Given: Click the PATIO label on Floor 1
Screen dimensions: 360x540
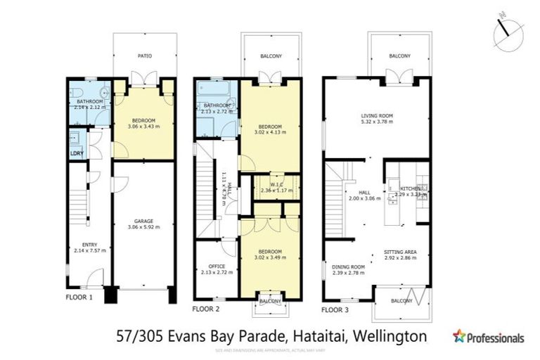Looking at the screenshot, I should pyautogui.click(x=144, y=56).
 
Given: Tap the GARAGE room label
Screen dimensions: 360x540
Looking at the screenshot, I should pyautogui.click(x=143, y=221).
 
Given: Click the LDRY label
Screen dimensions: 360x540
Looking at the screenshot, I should pyautogui.click(x=77, y=153).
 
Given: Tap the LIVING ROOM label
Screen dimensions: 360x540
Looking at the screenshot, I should pyautogui.click(x=376, y=116).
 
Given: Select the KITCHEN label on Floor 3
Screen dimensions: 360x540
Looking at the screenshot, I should pyautogui.click(x=410, y=189).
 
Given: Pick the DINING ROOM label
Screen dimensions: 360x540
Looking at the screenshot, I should pyautogui.click(x=348, y=266).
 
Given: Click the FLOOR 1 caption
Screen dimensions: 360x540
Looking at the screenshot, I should pyautogui.click(x=79, y=297).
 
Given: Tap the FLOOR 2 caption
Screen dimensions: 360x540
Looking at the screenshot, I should pyautogui.click(x=206, y=309).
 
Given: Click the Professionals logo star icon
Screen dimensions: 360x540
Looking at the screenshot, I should pyautogui.click(x=460, y=336).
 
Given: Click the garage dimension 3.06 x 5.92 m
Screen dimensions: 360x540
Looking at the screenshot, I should pyautogui.click(x=143, y=227).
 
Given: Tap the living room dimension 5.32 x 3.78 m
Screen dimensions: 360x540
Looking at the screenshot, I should pyautogui.click(x=376, y=122).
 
